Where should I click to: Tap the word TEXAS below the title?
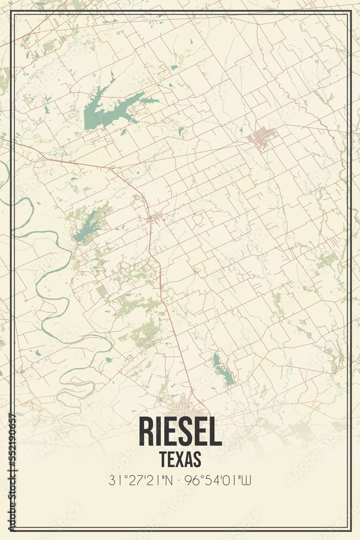tap(180, 459)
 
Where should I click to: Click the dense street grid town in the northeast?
tap(262, 138)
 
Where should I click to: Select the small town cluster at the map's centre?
tap(155, 218)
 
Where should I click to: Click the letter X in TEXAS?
tap(181, 459)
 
